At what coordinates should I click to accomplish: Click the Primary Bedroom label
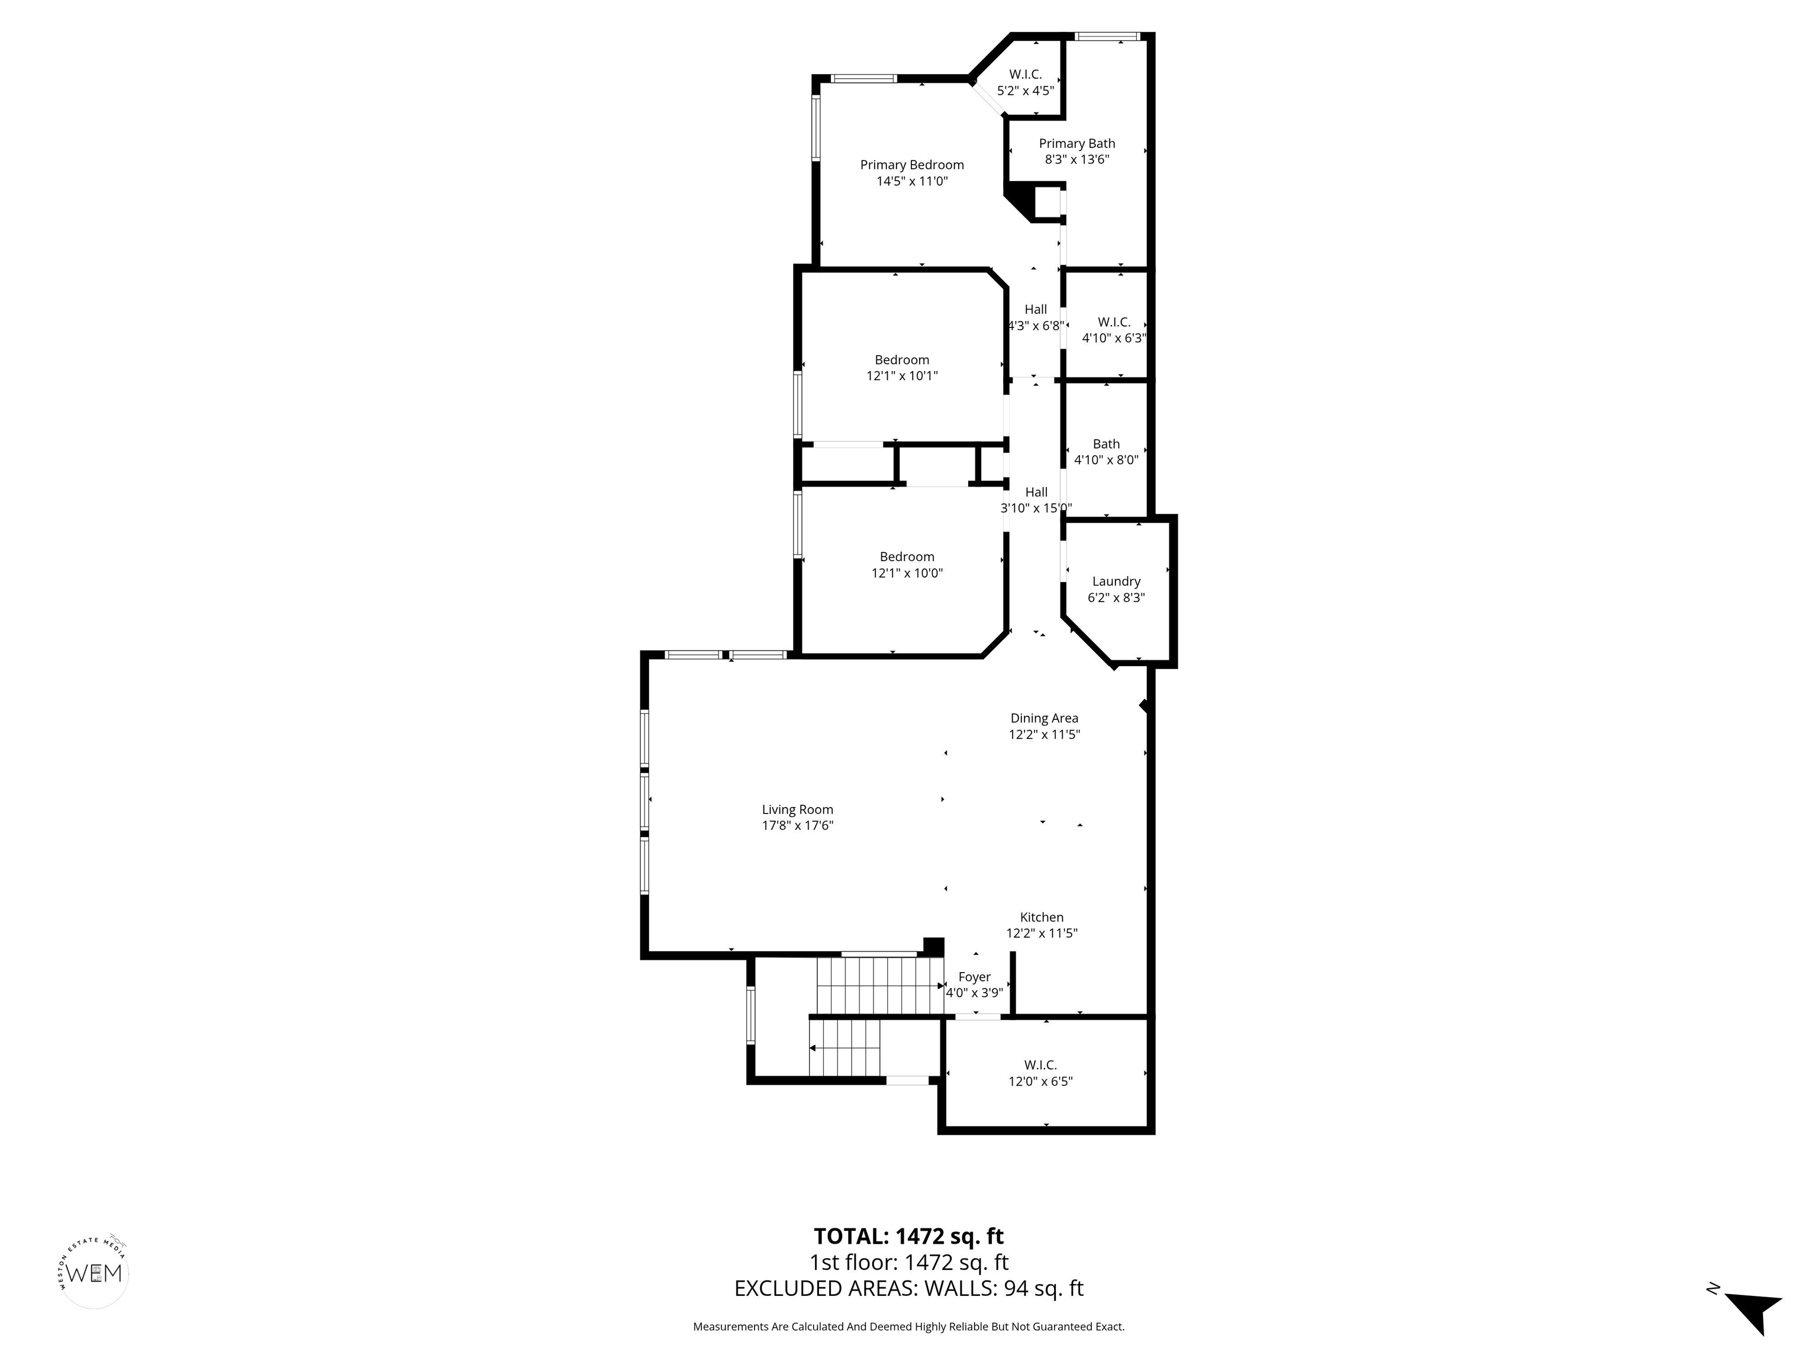(911, 165)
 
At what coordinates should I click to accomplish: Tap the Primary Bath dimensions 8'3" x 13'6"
(1076, 159)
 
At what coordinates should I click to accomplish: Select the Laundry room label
(1116, 581)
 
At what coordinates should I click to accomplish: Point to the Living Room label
(797, 810)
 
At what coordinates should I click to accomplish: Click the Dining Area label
(1044, 718)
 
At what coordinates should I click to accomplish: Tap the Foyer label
(974, 977)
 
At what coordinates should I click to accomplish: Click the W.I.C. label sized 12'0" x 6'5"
(1040, 1064)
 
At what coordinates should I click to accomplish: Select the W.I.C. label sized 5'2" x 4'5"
(1026, 75)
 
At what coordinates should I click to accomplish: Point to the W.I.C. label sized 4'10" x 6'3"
(1114, 322)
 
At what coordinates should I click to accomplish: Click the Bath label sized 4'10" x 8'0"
(1106, 444)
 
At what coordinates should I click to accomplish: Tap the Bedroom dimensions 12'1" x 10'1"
(902, 376)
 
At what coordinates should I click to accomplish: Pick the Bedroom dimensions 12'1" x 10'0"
(907, 573)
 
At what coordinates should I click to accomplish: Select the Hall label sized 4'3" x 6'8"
(1036, 309)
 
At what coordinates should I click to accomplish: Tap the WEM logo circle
(95, 1273)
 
